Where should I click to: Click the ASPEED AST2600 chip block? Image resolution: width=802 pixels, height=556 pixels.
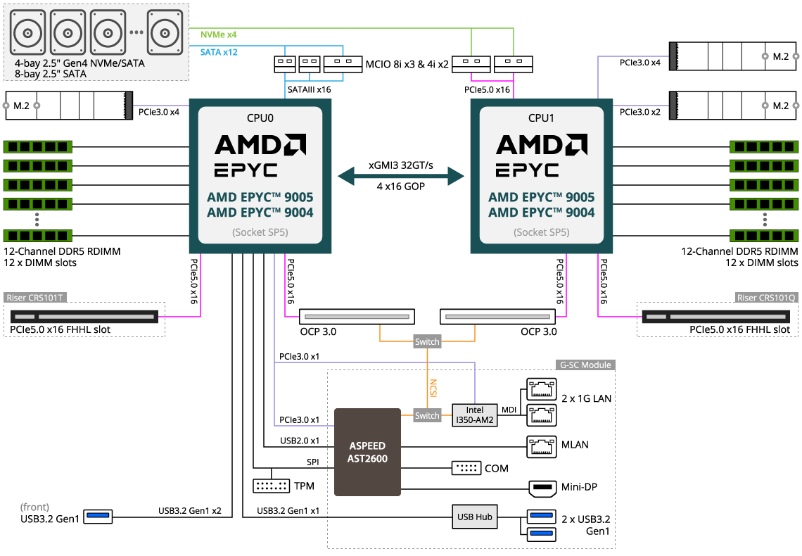click(x=367, y=452)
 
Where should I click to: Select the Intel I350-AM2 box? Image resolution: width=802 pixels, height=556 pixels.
click(x=475, y=415)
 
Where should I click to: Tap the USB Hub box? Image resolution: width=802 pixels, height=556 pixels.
click(x=475, y=517)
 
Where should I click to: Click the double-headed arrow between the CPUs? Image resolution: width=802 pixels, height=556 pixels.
click(x=401, y=176)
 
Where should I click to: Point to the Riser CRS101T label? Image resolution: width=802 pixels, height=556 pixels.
click(x=35, y=298)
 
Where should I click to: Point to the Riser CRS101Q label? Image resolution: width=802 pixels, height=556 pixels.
click(x=766, y=298)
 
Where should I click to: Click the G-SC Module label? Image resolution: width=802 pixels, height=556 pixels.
click(x=585, y=365)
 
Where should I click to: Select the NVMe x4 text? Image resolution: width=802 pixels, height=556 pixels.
click(x=219, y=34)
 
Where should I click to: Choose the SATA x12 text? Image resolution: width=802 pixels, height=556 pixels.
click(x=219, y=52)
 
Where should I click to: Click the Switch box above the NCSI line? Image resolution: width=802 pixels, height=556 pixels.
click(x=427, y=341)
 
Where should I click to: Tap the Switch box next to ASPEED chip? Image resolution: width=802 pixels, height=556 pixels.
click(x=427, y=415)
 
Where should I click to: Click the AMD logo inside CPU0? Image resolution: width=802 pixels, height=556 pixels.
click(x=260, y=145)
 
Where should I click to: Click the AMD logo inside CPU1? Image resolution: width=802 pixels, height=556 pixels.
click(x=541, y=145)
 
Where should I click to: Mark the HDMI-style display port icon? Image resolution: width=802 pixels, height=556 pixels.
click(x=542, y=488)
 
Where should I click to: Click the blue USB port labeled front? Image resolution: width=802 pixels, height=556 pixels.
click(x=98, y=517)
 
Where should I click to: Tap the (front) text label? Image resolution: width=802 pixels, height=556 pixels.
click(x=35, y=507)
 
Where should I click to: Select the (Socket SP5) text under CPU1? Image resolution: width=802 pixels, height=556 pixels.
click(x=541, y=232)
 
